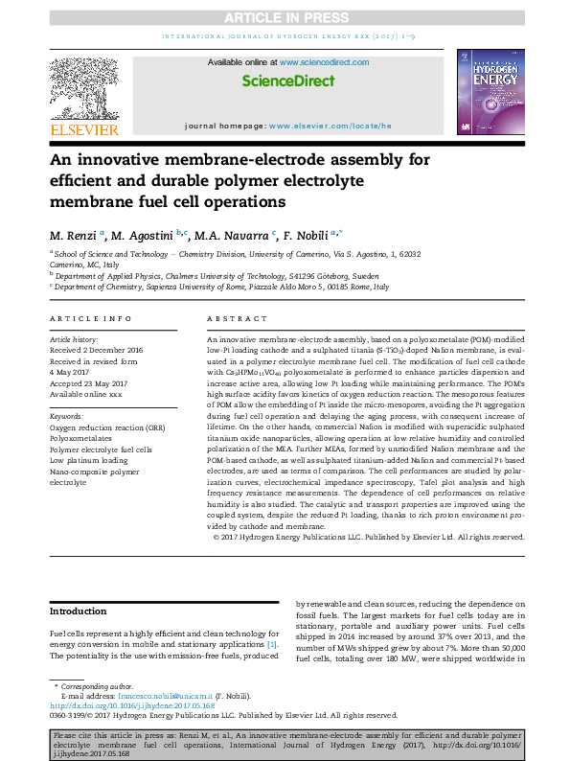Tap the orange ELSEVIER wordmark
click(x=83, y=129)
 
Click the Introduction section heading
click(x=79, y=611)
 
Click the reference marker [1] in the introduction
click(x=272, y=644)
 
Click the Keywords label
click(x=66, y=417)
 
